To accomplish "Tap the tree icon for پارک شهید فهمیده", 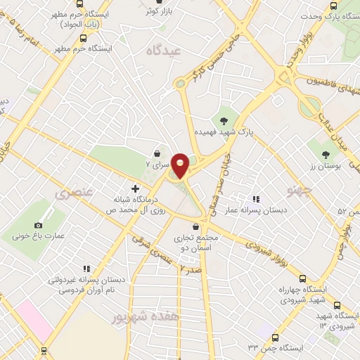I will [224, 120].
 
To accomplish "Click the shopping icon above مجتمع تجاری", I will [204, 226].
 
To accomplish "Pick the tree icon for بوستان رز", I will [325, 153].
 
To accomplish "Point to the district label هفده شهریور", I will [141, 317].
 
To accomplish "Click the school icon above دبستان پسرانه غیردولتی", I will [87, 268].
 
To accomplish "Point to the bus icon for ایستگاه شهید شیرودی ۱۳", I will [337, 305].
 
